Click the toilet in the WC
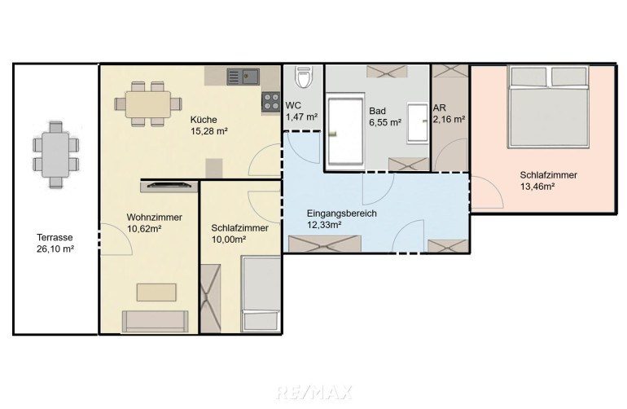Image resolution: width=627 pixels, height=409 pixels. pyautogui.click(x=303, y=77)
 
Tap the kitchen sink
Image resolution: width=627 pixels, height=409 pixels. pyautogui.click(x=243, y=77)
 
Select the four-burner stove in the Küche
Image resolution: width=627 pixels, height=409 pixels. pyautogui.click(x=271, y=101)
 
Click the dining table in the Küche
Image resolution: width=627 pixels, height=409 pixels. pyautogui.click(x=148, y=104)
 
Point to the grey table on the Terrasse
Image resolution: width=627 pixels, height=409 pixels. pyautogui.click(x=55, y=155)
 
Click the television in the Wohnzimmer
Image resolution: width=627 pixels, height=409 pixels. pyautogui.click(x=169, y=185)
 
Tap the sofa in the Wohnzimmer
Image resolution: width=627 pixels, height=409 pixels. pyautogui.click(x=156, y=321)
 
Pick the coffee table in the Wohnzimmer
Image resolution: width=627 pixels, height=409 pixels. pyautogui.click(x=156, y=292)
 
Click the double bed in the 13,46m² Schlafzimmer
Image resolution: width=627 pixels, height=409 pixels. pyautogui.click(x=549, y=107)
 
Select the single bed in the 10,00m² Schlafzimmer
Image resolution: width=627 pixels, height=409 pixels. pyautogui.click(x=261, y=294)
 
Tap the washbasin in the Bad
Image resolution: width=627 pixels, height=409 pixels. pyautogui.click(x=418, y=123)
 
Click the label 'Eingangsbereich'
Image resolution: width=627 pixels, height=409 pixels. pyautogui.click(x=342, y=213)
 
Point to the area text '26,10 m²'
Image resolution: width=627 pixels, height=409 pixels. pyautogui.click(x=55, y=249)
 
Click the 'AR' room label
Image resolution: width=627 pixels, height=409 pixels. pyautogui.click(x=439, y=108)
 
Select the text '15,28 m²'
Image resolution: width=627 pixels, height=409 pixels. pyautogui.click(x=209, y=131)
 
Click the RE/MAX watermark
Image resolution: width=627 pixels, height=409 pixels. pyautogui.click(x=313, y=392)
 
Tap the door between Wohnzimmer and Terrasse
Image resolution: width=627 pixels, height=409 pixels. pyautogui.click(x=115, y=239)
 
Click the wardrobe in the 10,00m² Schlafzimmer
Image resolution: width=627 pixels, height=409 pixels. pyautogui.click(x=210, y=298)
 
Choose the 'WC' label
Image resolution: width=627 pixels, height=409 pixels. pyautogui.click(x=293, y=106)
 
